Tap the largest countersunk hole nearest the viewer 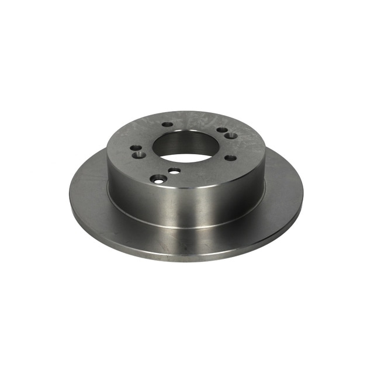coord(158,179)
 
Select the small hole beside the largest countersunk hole coord(174,171)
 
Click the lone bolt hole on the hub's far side coord(168,124)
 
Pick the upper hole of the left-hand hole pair coord(136,148)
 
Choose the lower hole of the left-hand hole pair coord(140,155)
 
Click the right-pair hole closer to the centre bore coord(222,130)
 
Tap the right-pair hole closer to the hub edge coord(231,136)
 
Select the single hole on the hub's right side coord(230,157)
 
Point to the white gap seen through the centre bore coord(186,157)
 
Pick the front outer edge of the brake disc coord(187,261)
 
